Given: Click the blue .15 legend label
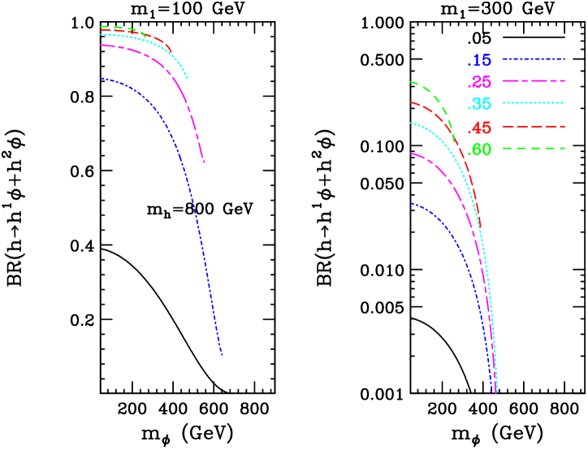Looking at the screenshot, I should (x=479, y=60).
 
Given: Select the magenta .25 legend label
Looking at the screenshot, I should (x=479, y=82).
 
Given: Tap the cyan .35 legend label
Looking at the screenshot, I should (x=479, y=104).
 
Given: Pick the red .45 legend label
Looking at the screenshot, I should (x=479, y=128).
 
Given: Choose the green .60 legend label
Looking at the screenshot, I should (x=479, y=149).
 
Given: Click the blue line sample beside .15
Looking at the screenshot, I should (x=533, y=59).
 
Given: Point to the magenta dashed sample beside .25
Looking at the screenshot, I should (x=533, y=81).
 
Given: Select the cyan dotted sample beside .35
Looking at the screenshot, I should (x=533, y=103).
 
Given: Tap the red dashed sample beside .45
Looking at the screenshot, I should (x=533, y=127).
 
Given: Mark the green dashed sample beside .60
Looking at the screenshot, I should (x=533, y=149).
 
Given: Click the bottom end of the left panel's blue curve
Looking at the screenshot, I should (x=222, y=355).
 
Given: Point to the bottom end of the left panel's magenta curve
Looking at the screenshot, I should (x=204, y=162).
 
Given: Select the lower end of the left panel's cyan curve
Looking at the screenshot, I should (x=188, y=79).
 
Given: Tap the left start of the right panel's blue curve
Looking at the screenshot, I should (x=411, y=204).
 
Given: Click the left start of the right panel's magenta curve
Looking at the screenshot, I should (x=411, y=154).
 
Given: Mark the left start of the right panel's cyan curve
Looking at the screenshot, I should (x=411, y=123).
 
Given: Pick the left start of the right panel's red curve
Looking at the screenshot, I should (x=411, y=102).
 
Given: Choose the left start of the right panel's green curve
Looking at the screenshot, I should (x=411, y=82).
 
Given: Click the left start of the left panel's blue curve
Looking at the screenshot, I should (x=101, y=79).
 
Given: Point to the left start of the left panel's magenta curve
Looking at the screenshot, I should (x=101, y=45).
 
